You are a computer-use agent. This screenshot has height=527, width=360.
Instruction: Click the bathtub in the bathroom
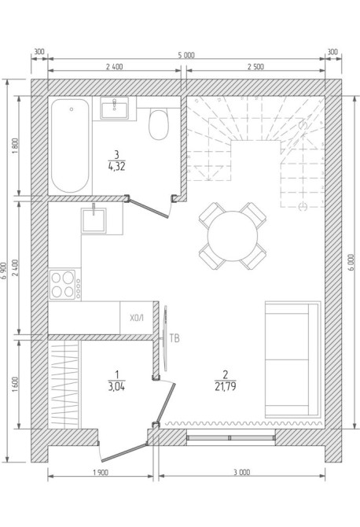point(70,146)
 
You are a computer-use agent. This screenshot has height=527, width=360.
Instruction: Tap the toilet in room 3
point(159,123)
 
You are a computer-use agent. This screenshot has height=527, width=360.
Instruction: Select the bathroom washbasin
point(115,109)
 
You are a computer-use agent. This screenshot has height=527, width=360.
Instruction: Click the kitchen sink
point(94,220)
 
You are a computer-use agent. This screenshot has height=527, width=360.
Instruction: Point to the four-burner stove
point(64,284)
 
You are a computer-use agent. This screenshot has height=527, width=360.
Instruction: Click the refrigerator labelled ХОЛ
point(137,318)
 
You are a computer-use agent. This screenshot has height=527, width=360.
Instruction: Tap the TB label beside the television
point(174,338)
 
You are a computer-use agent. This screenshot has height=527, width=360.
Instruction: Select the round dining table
point(233,236)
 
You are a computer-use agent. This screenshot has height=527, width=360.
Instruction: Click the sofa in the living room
point(292,359)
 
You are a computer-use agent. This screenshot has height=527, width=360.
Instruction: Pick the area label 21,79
point(226,387)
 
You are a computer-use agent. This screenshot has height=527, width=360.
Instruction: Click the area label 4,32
point(116,167)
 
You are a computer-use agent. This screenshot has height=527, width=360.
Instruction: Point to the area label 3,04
point(116,387)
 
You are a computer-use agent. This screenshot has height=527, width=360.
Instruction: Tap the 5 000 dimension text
point(186,55)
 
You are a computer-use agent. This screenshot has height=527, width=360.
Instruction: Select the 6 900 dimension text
point(4,271)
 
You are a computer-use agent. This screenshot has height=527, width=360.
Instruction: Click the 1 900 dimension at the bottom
point(101,473)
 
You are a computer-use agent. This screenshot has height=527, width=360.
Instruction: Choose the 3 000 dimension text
point(242,473)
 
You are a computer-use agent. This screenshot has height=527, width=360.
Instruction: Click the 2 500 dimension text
point(255,67)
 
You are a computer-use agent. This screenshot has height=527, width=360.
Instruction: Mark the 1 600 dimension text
point(16,385)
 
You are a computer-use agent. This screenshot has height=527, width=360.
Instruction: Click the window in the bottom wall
point(231,437)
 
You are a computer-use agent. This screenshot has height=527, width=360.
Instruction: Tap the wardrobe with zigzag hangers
point(64,385)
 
